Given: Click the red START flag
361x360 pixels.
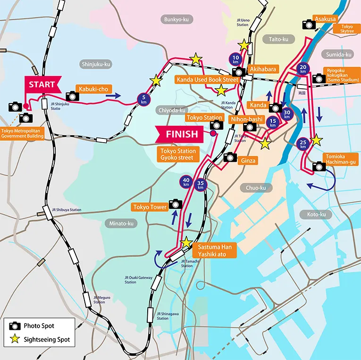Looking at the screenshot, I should pos(42,85).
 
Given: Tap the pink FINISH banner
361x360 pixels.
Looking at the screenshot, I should pos(181,134).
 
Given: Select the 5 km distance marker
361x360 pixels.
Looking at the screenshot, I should pos(143,100).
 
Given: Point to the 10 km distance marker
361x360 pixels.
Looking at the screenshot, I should pos(235,59).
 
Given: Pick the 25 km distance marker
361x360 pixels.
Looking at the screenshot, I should pos(303,144).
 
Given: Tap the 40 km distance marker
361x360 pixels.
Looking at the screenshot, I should pos(186,182).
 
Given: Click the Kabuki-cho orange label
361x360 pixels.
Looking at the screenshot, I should pos(94,89).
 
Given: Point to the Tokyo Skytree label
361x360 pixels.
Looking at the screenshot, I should pos(346,29).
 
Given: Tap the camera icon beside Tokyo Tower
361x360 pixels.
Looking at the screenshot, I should pos(175,203).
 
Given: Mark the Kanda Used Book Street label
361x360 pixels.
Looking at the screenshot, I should pos(207,79).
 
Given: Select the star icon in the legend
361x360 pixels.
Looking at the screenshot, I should pos(15,339).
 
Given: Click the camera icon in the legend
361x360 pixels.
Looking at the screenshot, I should pos(15,326).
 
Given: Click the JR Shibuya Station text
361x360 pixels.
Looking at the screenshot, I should pos(67,210).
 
